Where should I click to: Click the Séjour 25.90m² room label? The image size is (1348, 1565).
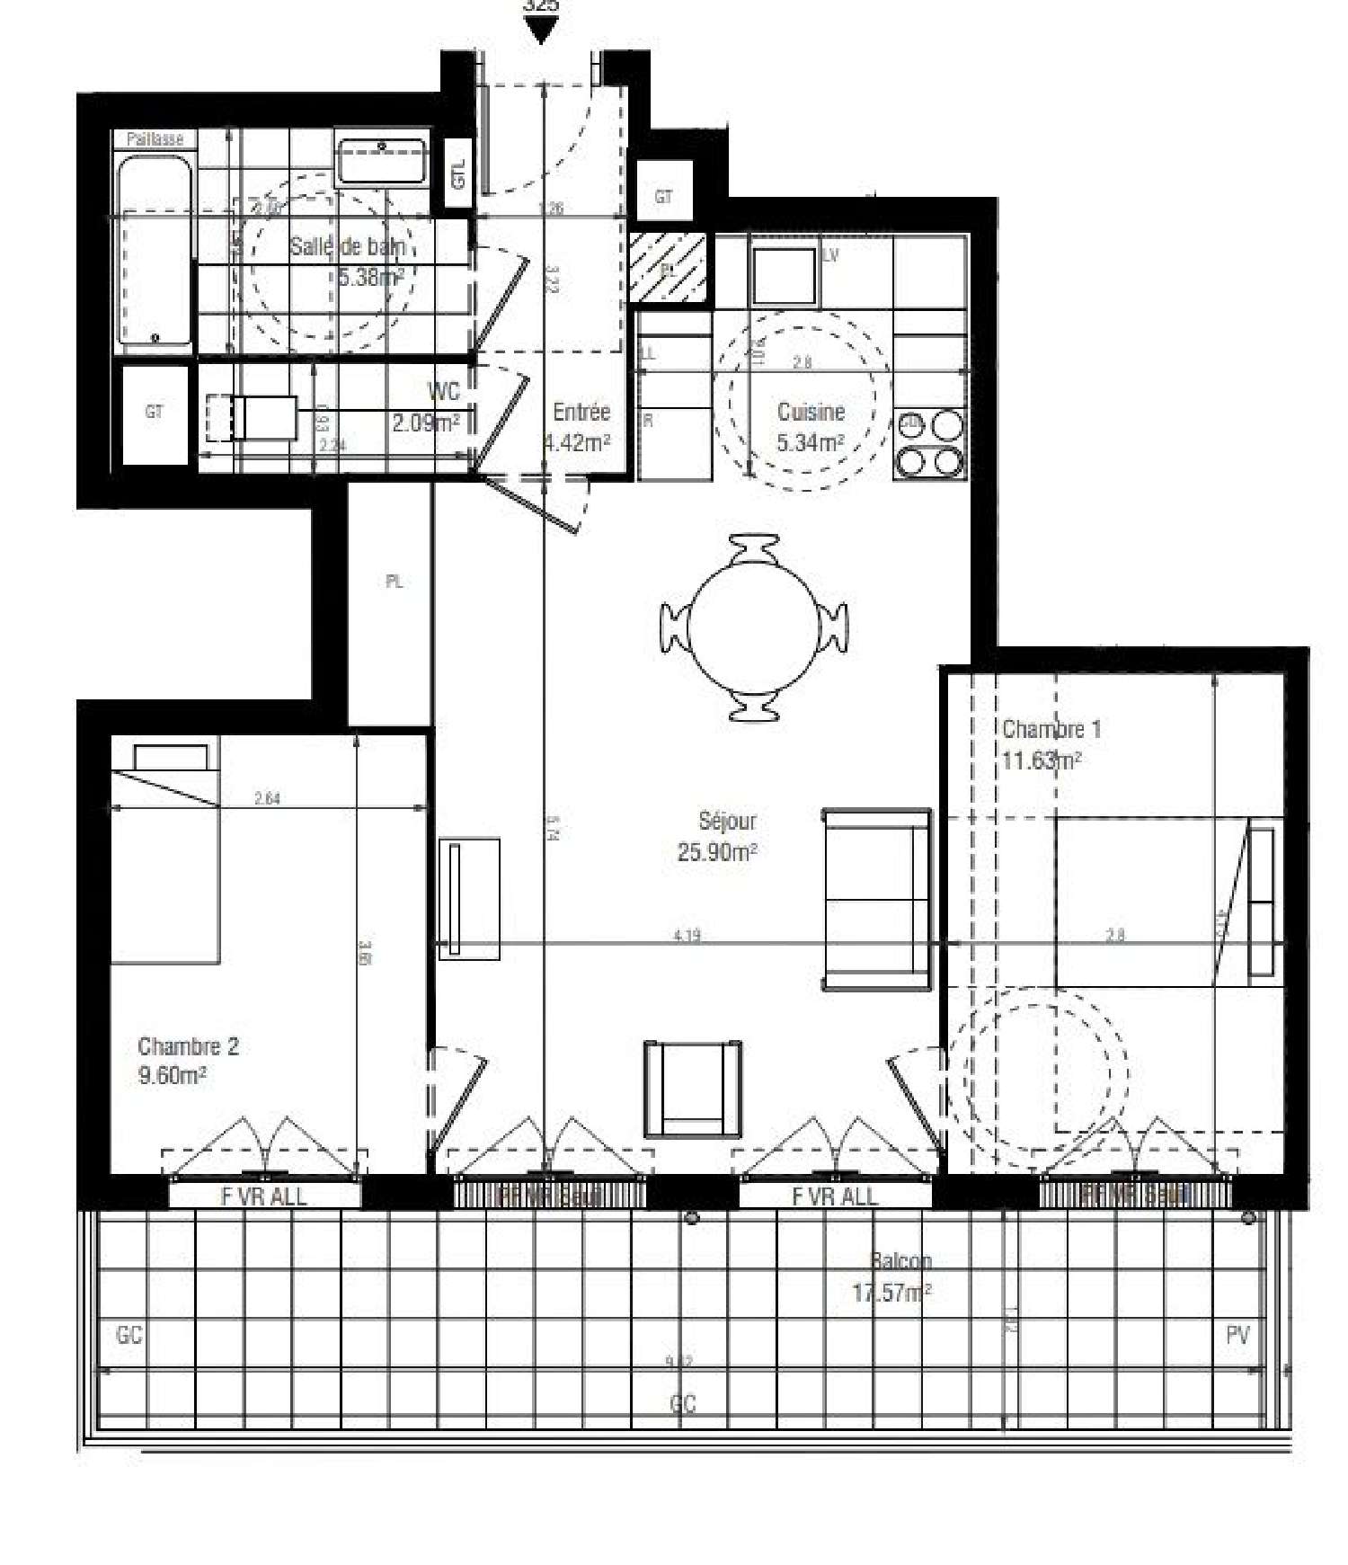[717, 836]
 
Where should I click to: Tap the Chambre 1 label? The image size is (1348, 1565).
[1050, 730]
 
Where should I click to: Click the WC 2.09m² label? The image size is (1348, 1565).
[430, 406]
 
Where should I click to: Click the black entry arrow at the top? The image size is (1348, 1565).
[541, 31]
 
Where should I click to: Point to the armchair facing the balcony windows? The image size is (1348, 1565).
[693, 1088]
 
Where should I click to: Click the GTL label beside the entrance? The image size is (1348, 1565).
[459, 174]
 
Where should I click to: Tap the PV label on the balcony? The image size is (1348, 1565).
[1237, 1336]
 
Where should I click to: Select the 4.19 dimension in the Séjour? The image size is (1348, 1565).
[687, 936]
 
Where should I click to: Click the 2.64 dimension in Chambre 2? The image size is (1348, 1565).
[267, 797]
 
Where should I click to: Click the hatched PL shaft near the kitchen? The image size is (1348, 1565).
[668, 267]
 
